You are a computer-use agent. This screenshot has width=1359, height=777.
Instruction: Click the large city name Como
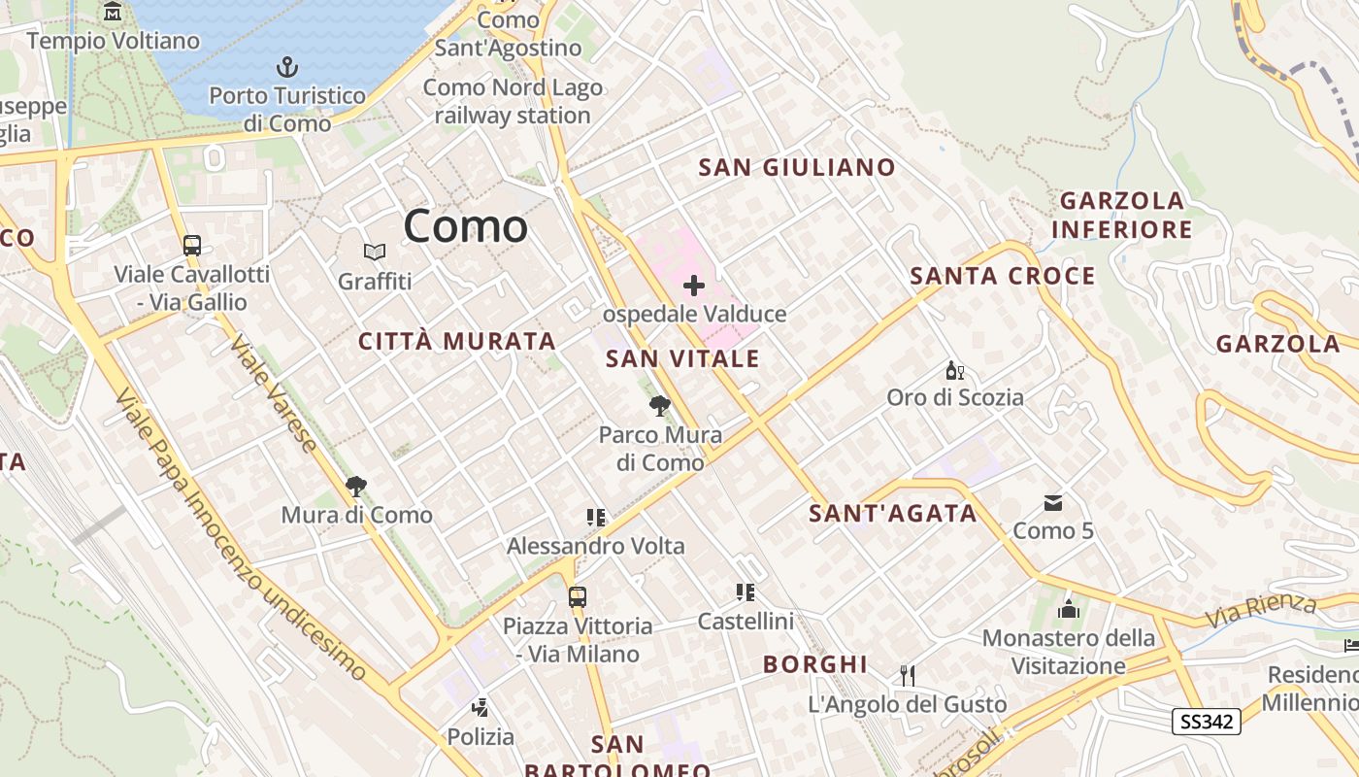pyautogui.click(x=466, y=226)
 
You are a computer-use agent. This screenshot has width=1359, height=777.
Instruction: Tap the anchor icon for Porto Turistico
pyautogui.click(x=286, y=67)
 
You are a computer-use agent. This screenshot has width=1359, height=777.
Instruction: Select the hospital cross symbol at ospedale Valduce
pyautogui.click(x=694, y=286)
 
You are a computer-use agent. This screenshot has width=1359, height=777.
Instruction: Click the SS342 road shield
pyautogui.click(x=1207, y=721)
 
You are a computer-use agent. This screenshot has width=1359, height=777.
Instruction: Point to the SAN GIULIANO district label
pyautogui.click(x=797, y=167)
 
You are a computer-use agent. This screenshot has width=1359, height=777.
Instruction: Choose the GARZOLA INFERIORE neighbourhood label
pyautogui.click(x=1122, y=216)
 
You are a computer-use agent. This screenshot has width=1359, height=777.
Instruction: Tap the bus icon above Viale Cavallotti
pyautogui.click(x=192, y=245)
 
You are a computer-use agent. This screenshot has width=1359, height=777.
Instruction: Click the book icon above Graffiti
pyautogui.click(x=375, y=253)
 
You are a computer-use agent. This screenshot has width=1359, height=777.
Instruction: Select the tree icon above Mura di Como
pyautogui.click(x=356, y=486)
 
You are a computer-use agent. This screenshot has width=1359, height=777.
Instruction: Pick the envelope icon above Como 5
pyautogui.click(x=1053, y=502)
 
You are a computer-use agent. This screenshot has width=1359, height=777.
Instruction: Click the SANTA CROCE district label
pyautogui.click(x=1003, y=276)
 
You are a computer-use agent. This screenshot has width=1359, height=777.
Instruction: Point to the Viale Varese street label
pyautogui.click(x=274, y=394)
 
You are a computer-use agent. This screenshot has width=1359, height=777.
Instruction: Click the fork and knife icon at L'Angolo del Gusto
pyautogui.click(x=908, y=675)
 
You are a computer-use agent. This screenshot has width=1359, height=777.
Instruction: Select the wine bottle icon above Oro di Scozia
pyautogui.click(x=955, y=370)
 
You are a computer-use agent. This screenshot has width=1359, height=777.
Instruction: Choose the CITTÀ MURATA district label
pyautogui.click(x=457, y=341)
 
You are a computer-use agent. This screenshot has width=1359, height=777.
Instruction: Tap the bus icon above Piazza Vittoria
pyautogui.click(x=578, y=596)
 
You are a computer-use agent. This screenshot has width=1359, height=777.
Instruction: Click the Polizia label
pyautogui.click(x=481, y=737)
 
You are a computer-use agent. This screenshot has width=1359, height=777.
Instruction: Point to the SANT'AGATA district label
pyautogui.click(x=893, y=513)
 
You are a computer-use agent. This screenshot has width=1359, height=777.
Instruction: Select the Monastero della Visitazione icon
pyautogui.click(x=1069, y=609)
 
